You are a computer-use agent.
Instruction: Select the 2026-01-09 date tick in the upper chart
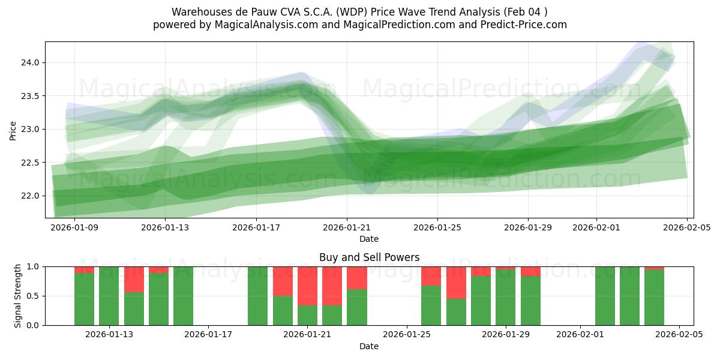click(74, 227)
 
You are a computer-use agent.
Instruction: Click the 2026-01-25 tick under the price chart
click(437, 227)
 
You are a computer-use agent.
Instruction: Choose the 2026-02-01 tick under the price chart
click(596, 227)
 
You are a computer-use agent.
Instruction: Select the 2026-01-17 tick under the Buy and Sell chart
click(208, 334)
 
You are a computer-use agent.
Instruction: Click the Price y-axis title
click(13, 130)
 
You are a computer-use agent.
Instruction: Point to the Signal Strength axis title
click(18, 296)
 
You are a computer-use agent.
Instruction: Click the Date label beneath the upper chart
click(369, 239)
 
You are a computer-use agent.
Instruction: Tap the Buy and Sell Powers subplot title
click(369, 257)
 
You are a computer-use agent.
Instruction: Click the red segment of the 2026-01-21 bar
click(307, 286)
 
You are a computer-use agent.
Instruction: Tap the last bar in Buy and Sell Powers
click(654, 297)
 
